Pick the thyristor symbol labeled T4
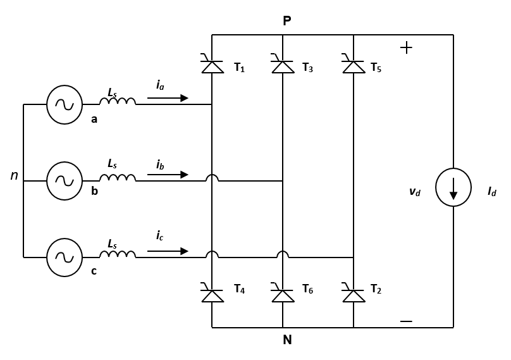[x=212, y=294]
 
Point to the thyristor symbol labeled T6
[x=283, y=294]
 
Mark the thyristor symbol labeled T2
[x=354, y=294]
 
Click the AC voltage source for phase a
[x=65, y=104]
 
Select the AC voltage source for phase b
[x=65, y=181]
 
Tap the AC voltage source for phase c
[x=65, y=258]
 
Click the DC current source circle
[x=453, y=187]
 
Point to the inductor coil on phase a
[x=117, y=101]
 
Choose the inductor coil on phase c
[x=117, y=254]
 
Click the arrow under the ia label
[x=168, y=98]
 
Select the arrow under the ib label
[x=168, y=175]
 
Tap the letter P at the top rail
[x=287, y=22]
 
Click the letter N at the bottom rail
[x=287, y=340]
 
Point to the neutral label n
[x=14, y=176]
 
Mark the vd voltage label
[x=414, y=192]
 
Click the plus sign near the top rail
[x=407, y=48]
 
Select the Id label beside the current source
[x=491, y=192]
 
